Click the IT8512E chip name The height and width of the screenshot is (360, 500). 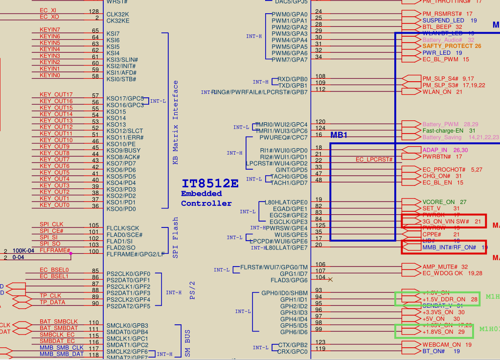(210, 183)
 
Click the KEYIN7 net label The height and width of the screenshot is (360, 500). (50, 30)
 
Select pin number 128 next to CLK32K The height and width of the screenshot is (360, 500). (93, 11)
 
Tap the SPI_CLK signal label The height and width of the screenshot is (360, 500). (52, 225)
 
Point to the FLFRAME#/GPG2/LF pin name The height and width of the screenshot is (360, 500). (136, 254)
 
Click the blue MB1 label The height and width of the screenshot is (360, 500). (339, 135)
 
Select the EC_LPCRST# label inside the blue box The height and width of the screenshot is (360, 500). (374, 159)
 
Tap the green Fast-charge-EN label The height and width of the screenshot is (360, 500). (443, 131)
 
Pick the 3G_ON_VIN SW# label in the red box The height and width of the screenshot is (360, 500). (446, 222)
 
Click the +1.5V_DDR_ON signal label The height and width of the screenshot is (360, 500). (444, 299)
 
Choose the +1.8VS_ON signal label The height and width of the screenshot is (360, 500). (438, 332)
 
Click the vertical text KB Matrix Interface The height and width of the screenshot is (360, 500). (176, 122)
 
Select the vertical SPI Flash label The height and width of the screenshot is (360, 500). (176, 238)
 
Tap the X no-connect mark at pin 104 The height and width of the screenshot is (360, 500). (330, 279)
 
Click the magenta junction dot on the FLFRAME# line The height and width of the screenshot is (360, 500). (71, 253)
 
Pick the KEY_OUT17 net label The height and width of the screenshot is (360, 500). (56, 95)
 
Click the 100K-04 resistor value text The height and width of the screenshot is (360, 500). (23, 250)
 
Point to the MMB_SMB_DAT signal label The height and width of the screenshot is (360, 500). (62, 354)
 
